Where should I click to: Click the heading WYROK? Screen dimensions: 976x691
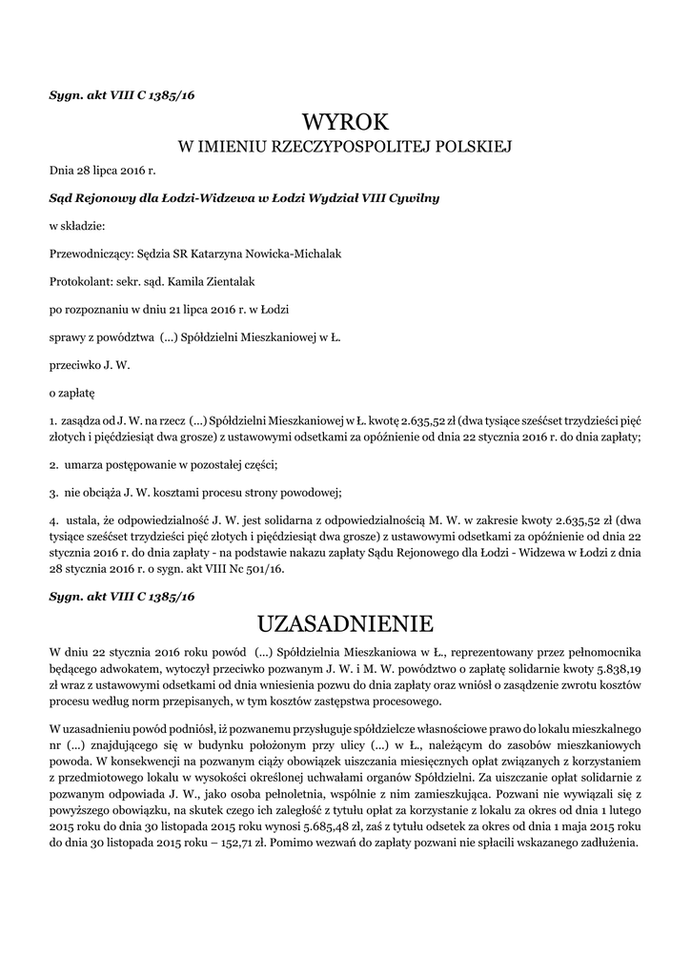(345, 122)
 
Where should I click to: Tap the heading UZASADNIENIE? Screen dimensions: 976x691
(345, 624)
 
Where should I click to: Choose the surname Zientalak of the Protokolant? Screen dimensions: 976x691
(227, 281)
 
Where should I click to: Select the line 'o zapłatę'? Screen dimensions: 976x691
(72, 392)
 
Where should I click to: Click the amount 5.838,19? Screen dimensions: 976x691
(619, 670)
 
